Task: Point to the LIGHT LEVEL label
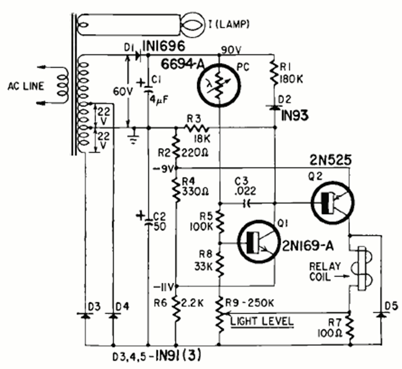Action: point(261,320)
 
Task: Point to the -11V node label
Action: point(164,285)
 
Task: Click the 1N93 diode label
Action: point(293,115)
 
